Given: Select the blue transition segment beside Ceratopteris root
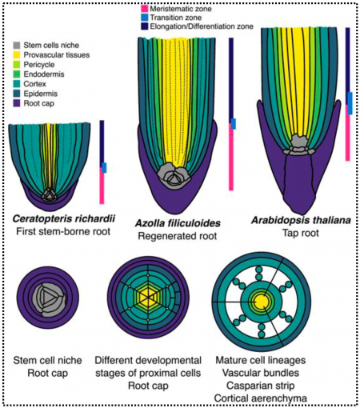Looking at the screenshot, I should click(x=104, y=167).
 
